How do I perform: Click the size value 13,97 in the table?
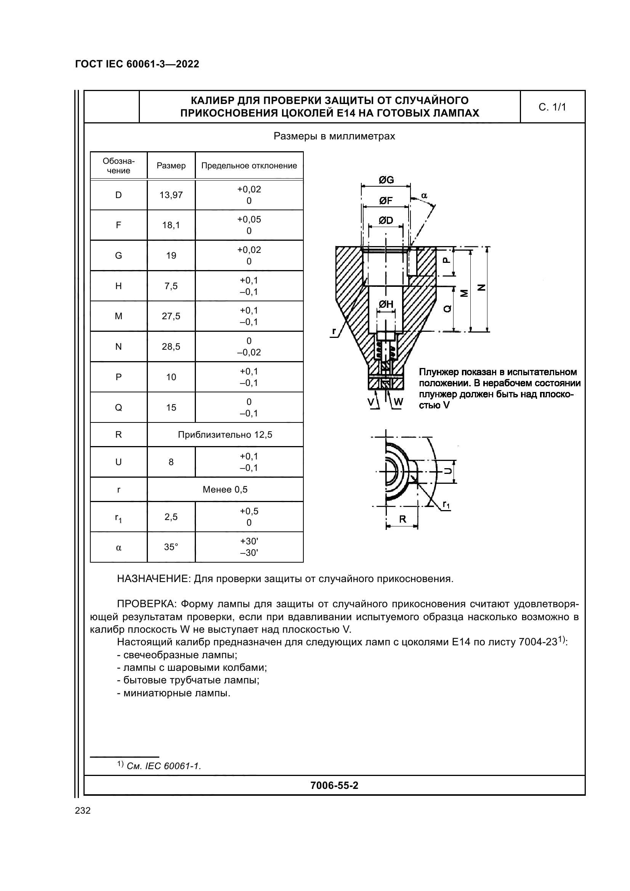click(x=171, y=195)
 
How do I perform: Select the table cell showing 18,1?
click(x=171, y=225)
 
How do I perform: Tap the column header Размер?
click(x=171, y=166)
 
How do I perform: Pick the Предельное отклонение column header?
click(x=249, y=166)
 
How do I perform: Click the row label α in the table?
click(x=119, y=547)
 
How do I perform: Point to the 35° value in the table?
click(x=171, y=547)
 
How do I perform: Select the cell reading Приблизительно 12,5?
click(x=225, y=435)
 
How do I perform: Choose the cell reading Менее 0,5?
click(x=225, y=489)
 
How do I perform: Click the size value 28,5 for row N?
click(x=171, y=347)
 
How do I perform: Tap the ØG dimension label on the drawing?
click(x=386, y=180)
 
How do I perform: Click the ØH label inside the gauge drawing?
click(x=386, y=305)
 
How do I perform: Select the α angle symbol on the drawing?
click(x=424, y=196)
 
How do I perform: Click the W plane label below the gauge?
click(x=399, y=402)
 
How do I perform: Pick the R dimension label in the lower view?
click(x=402, y=519)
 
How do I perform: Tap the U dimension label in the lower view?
click(x=448, y=471)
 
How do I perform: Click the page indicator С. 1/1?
click(x=552, y=107)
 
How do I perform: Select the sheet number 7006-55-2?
click(x=334, y=786)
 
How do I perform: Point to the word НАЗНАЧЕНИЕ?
click(x=153, y=579)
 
